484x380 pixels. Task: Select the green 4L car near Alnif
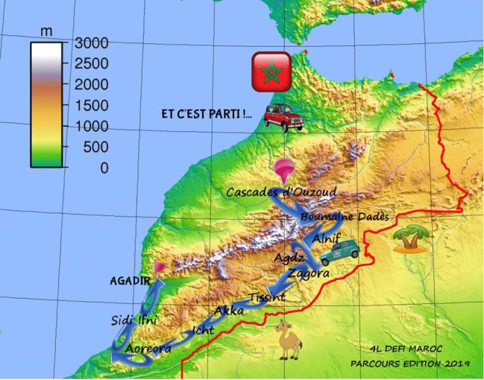[x=340, y=253]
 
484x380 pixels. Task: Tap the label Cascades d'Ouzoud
[x=281, y=192]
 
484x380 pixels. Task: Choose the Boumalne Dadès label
[x=345, y=217]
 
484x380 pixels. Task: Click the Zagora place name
[x=308, y=273]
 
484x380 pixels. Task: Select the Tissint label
[x=267, y=297]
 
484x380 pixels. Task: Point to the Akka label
[x=229, y=310]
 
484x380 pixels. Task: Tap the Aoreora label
[x=148, y=348]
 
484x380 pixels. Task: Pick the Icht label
[x=203, y=329]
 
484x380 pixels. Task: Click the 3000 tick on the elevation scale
[x=90, y=42]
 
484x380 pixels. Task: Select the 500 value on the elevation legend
[x=93, y=147]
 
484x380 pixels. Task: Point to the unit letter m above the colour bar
[x=46, y=31]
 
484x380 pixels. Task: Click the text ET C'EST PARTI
[x=207, y=115]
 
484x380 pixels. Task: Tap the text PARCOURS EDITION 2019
[x=409, y=363]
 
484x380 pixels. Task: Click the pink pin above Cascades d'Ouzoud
[x=282, y=170]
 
